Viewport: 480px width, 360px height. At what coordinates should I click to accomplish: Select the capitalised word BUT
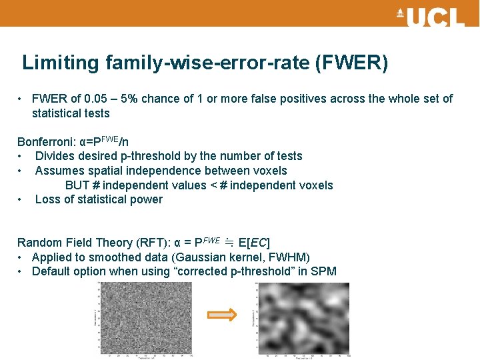[x=77, y=185]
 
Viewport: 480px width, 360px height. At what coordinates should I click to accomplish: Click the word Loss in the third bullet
[x=48, y=199]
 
